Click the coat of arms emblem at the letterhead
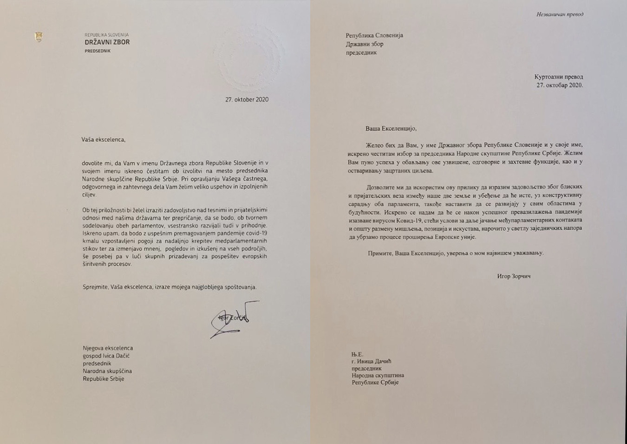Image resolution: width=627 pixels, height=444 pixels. [39, 37]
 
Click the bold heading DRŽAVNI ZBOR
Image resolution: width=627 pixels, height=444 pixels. [107, 42]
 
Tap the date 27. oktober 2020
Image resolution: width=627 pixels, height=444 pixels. [247, 99]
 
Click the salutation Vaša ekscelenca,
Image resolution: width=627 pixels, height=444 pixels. [103, 139]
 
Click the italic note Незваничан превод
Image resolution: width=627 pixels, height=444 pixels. [560, 14]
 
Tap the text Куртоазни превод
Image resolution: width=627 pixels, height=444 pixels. [558, 77]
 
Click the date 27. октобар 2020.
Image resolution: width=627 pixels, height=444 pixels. [560, 85]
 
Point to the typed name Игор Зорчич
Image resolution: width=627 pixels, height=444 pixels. [514, 276]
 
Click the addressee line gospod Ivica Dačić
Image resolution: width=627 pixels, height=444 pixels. [106, 356]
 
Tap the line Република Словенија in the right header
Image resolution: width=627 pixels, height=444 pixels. [374, 35]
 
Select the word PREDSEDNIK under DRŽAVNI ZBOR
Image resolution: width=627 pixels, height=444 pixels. [98, 51]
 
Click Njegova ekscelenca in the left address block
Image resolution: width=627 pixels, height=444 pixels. [108, 348]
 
